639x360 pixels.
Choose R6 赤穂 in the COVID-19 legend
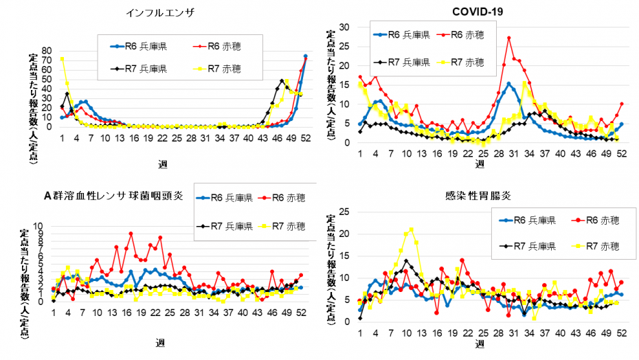click(x=467, y=34)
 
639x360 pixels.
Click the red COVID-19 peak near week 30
click(x=508, y=38)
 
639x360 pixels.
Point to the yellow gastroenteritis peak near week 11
click(x=411, y=229)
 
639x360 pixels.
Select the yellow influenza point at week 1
click(x=63, y=59)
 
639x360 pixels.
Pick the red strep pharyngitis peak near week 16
click(x=131, y=234)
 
